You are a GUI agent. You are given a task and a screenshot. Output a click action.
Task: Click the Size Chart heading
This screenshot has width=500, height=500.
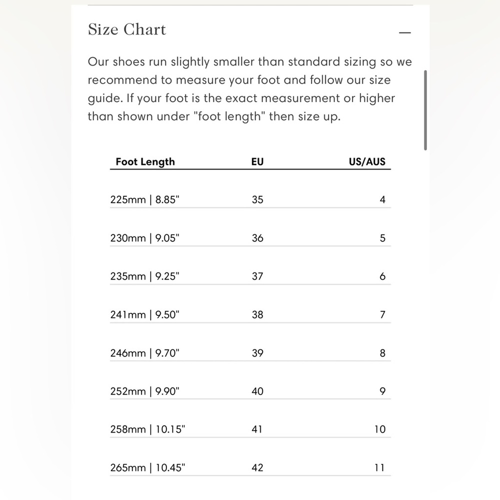click(x=126, y=29)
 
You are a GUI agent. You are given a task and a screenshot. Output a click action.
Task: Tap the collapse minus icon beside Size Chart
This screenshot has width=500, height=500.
click(x=405, y=33)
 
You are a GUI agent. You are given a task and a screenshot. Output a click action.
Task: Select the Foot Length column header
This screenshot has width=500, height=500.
click(x=145, y=161)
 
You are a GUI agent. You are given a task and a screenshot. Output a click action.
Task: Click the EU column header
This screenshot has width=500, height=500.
click(x=257, y=161)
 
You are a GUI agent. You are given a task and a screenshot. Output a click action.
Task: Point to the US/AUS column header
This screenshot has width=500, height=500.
click(x=367, y=161)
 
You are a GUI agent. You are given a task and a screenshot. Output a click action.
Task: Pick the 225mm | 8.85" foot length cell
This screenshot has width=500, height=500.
click(x=144, y=199)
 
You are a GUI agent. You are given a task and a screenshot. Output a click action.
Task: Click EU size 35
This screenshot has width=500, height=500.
click(x=257, y=199)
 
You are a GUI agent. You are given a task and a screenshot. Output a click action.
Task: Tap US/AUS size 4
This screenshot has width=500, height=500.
click(x=382, y=199)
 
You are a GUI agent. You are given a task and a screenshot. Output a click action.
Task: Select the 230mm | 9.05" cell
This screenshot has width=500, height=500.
click(x=144, y=238)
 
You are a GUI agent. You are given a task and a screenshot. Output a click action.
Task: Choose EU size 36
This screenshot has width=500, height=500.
click(x=257, y=238)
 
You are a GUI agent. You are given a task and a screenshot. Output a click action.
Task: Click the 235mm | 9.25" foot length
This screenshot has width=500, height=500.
click(x=144, y=276)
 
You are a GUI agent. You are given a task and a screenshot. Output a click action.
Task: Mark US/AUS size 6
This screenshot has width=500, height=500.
click(x=382, y=276)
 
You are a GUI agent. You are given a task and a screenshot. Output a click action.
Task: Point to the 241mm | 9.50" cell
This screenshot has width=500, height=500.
click(x=144, y=314)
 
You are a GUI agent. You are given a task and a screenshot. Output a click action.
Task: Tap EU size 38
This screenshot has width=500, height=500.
click(x=257, y=314)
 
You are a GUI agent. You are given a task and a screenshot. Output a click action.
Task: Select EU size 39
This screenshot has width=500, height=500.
click(x=257, y=353)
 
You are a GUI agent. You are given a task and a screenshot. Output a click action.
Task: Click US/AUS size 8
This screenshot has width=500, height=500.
click(x=382, y=353)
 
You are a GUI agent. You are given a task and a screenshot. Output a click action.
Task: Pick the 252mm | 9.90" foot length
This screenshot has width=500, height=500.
click(x=144, y=391)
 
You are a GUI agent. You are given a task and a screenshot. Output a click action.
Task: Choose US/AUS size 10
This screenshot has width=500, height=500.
click(x=380, y=429)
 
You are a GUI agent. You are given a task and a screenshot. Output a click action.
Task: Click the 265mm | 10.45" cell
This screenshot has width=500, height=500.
click(x=147, y=468)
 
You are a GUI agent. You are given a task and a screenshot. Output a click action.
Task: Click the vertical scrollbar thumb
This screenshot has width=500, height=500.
click(x=425, y=110)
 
